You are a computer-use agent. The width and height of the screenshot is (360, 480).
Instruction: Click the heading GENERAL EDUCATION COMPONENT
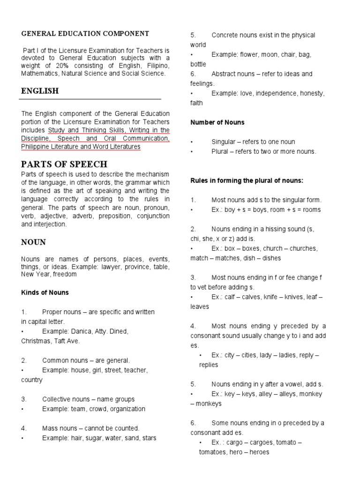tap(85, 34)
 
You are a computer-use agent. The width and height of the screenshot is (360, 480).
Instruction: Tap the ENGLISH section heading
tap(40, 91)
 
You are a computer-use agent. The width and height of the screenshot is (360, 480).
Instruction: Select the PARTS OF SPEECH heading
tap(64, 164)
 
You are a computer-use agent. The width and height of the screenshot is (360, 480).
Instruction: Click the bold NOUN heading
tap(33, 242)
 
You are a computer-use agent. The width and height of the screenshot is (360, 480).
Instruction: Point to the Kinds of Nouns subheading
tap(45, 292)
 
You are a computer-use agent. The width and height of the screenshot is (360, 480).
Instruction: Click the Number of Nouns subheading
tap(217, 122)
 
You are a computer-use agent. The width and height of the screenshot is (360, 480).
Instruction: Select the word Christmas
tap(37, 341)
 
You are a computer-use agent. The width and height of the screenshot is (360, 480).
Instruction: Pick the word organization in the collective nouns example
tap(127, 409)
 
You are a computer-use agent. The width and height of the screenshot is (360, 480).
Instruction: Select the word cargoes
tap(259, 442)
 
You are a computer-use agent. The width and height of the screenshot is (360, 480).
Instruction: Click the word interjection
tap(50, 225)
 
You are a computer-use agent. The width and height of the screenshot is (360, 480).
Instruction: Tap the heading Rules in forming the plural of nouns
tap(247, 180)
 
